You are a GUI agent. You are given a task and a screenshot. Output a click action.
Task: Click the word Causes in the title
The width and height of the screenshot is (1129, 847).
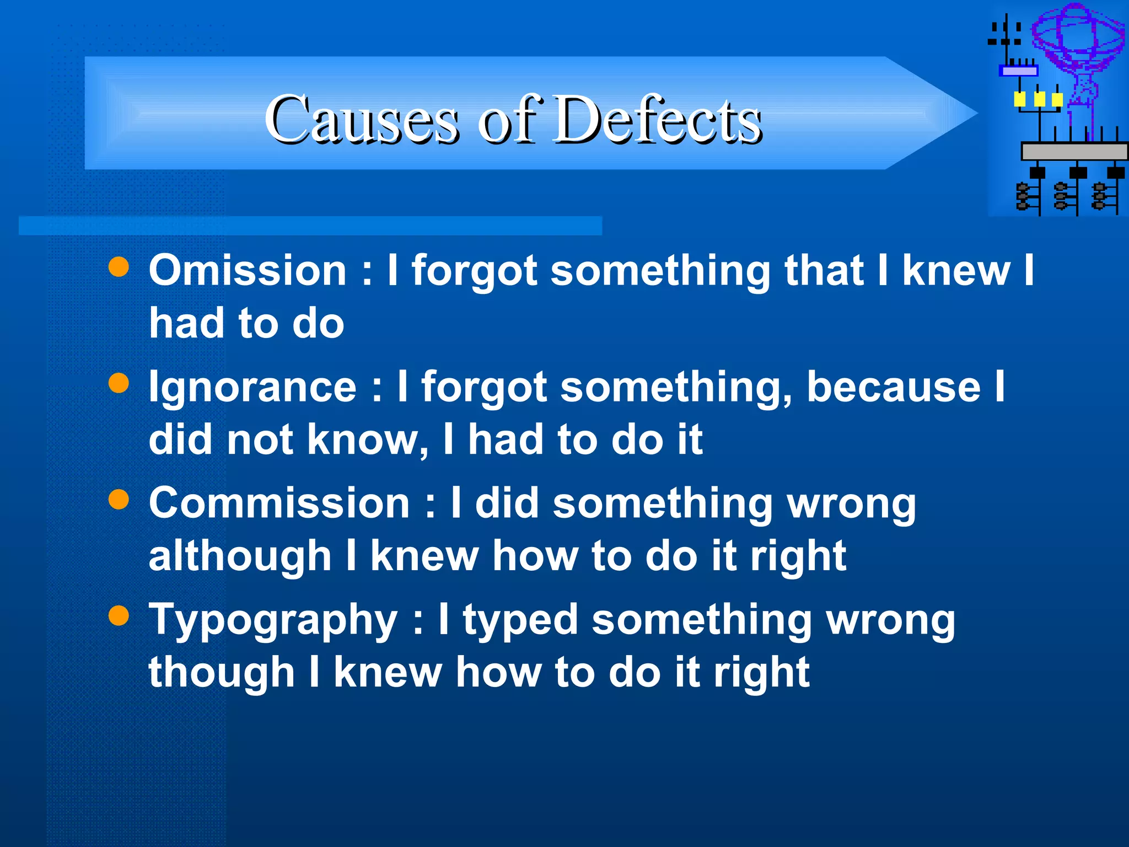[361, 120]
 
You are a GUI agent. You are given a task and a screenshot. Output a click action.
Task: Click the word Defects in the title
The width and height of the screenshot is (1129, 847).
[657, 120]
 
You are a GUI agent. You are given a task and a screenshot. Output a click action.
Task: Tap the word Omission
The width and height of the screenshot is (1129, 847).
[248, 271]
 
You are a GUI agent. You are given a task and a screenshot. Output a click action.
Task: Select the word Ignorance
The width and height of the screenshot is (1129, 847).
[253, 387]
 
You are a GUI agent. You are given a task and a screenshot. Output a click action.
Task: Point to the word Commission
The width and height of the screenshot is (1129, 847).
[279, 503]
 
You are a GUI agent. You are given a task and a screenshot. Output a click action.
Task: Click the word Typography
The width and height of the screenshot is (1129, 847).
[273, 620]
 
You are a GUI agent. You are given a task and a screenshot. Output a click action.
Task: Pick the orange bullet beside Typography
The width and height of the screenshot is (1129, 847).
[119, 616]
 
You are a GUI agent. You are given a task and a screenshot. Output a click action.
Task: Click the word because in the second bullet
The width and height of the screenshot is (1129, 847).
[894, 387]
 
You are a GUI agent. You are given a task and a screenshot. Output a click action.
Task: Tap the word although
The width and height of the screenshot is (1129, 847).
[240, 556]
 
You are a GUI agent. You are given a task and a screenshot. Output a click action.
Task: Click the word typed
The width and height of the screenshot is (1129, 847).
[520, 620]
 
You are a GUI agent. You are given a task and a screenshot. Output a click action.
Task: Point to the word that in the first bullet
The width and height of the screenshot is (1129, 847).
[824, 271]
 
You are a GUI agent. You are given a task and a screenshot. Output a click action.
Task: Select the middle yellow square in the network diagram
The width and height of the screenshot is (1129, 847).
[1039, 100]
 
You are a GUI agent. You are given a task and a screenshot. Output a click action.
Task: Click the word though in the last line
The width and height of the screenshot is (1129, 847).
[222, 673]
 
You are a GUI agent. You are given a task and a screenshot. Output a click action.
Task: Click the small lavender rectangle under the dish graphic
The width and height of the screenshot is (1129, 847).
[1019, 71]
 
